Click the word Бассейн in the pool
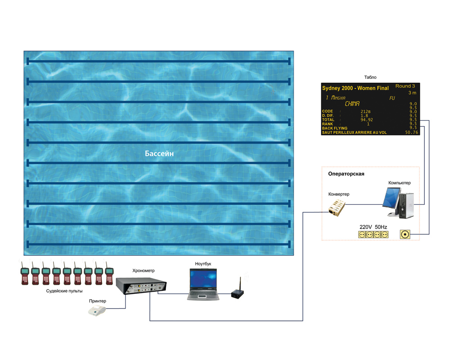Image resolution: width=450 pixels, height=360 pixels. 159,153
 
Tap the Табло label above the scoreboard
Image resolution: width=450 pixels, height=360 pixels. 370,77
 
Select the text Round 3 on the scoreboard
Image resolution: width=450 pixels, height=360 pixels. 405,86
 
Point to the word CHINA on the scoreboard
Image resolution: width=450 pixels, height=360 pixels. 352,103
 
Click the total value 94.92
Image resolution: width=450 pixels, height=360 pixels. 366,120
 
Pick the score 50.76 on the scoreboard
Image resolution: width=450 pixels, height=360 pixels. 412,132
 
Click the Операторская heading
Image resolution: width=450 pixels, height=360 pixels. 346,174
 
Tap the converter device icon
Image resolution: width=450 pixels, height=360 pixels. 337,208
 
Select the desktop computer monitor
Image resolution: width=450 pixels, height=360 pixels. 391,198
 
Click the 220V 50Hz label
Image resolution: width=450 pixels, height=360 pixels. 373,227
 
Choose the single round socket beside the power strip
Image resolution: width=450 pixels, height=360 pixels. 405,234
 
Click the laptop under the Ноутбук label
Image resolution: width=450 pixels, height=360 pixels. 203,284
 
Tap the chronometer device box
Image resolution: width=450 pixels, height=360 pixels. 141,286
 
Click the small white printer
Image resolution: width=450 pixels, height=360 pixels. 97,311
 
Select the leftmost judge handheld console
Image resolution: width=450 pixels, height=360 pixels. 25,274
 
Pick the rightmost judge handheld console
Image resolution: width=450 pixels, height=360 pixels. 109,274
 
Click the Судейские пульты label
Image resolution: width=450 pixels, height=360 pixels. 64,291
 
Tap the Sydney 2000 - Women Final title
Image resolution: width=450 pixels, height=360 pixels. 355,88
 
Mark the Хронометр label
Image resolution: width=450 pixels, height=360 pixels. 144,271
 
